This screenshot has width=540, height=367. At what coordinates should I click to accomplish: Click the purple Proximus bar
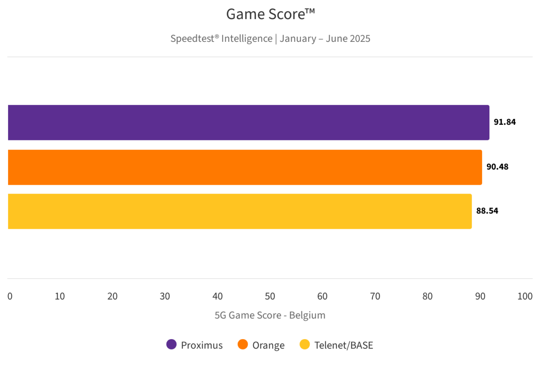click(248, 123)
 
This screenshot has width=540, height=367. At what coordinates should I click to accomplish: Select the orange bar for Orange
click(245, 167)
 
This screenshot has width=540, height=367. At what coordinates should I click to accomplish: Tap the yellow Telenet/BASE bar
click(240, 211)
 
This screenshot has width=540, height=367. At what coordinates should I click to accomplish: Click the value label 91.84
click(505, 123)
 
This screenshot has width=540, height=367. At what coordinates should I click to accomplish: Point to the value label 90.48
click(497, 167)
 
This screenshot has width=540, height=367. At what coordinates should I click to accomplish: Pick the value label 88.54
click(487, 211)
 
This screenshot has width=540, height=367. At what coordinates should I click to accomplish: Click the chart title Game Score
click(270, 14)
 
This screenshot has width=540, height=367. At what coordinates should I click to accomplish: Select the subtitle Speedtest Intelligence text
click(221, 39)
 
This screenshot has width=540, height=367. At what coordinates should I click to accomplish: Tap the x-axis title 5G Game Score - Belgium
click(270, 315)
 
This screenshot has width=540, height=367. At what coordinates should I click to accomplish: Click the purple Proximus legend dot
click(171, 345)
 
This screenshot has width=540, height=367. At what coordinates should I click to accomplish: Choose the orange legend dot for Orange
click(243, 345)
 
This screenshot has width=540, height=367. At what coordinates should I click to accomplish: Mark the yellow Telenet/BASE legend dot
click(305, 345)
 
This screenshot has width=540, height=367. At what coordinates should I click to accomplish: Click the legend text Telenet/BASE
click(343, 345)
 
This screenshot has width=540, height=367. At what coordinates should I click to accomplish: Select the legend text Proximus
click(202, 345)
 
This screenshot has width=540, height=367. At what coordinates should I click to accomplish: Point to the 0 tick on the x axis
click(10, 296)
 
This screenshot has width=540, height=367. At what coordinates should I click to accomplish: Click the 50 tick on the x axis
click(270, 296)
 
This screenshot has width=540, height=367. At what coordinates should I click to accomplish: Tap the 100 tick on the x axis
click(525, 296)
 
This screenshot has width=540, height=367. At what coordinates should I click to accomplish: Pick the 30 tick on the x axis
click(165, 296)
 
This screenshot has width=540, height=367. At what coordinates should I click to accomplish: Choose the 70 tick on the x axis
click(375, 296)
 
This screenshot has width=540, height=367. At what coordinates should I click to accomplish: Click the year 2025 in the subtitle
click(359, 39)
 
